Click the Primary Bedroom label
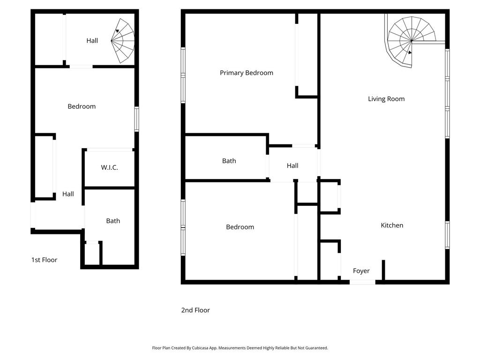tap(247, 73)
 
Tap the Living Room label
tap(386, 99)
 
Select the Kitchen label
tap(392, 225)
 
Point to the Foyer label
tap(361, 271)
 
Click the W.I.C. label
tap(109, 167)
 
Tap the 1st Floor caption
tap(44, 260)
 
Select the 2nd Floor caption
tap(195, 310)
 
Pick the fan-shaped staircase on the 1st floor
tap(123, 41)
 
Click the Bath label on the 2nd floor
tap(229, 161)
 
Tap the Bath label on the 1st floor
tap(113, 221)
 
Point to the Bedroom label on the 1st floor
tap(82, 106)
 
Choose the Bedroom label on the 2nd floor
tap(240, 227)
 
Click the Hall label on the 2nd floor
tap(292, 165)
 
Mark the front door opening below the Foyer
tap(362, 282)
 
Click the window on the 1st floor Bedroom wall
tap(137, 119)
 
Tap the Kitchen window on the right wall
tap(447, 235)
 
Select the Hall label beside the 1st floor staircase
tap(92, 40)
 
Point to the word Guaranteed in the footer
tap(316, 348)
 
